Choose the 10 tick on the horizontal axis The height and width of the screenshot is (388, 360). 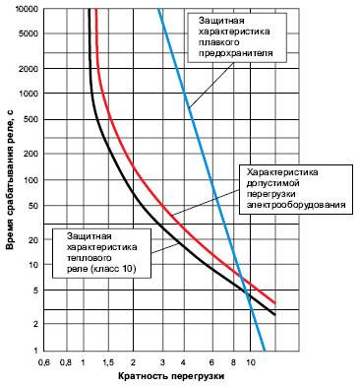pyautogui.click(x=252, y=361)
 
